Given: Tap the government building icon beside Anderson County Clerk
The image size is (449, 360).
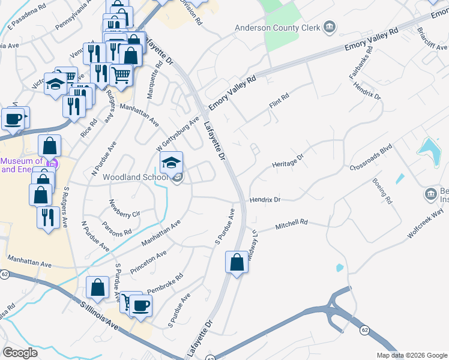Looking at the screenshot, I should click(x=329, y=27).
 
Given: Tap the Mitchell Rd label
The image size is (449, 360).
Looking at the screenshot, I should click(x=291, y=225).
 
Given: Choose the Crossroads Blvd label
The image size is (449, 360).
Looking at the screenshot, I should click(x=370, y=156).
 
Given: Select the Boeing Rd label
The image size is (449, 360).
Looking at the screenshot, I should click(x=381, y=191).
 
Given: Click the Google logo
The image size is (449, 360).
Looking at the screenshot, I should click(x=20, y=353).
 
